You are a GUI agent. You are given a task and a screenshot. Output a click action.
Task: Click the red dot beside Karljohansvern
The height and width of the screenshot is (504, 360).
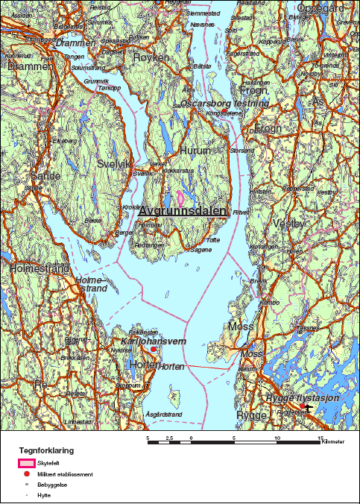[x=154, y=349]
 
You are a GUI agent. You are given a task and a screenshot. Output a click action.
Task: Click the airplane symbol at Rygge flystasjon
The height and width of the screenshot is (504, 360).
[x=307, y=409]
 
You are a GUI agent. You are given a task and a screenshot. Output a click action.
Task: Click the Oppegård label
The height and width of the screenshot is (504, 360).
[x=321, y=8]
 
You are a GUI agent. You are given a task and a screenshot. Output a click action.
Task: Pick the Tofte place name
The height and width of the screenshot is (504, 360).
[x=213, y=240]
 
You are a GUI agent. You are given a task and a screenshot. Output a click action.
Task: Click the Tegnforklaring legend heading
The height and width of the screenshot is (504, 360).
[x=46, y=450]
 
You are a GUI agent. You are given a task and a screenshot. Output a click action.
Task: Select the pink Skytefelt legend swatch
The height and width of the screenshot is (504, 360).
[x=26, y=463]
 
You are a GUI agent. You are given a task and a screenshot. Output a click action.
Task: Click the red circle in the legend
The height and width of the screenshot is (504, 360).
[x=27, y=474]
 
